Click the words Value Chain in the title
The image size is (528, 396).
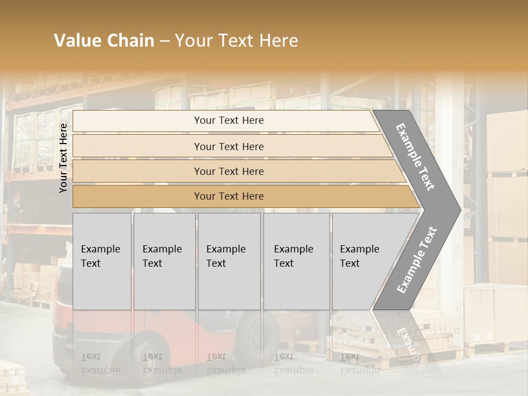(x=104, y=41)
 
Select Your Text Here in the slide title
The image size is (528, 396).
(x=237, y=41)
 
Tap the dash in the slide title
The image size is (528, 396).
(x=164, y=41)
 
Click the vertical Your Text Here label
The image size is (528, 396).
(x=64, y=158)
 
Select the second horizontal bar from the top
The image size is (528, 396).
(x=231, y=146)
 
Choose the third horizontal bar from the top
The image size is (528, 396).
(x=237, y=171)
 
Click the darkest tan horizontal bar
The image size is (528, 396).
(x=242, y=196)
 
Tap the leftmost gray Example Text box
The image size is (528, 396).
(x=102, y=261)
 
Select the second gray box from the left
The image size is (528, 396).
(x=164, y=261)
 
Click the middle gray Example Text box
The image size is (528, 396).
(x=229, y=261)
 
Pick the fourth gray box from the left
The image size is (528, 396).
(x=296, y=261)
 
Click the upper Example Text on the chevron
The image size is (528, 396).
(x=416, y=157)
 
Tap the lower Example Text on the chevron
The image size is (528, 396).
(x=417, y=260)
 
